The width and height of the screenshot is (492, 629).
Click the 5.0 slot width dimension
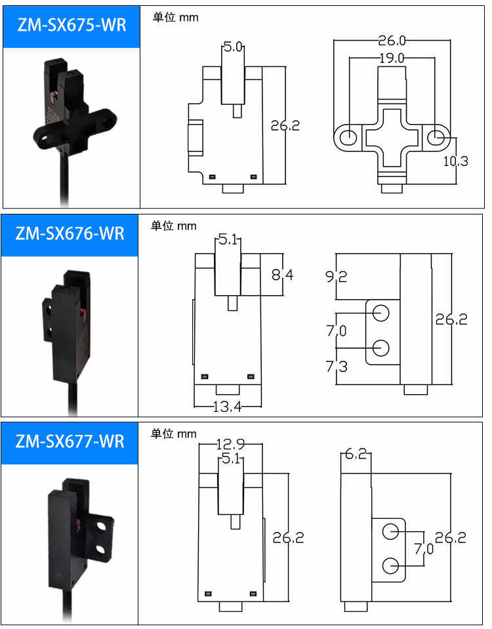(x=233, y=47)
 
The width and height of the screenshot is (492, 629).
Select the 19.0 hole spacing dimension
(x=392, y=58)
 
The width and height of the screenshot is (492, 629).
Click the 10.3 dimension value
(x=455, y=161)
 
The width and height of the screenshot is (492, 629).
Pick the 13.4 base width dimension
(x=228, y=407)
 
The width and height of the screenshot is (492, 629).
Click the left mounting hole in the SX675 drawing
(x=350, y=137)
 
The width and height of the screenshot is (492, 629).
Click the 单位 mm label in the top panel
(x=175, y=18)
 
